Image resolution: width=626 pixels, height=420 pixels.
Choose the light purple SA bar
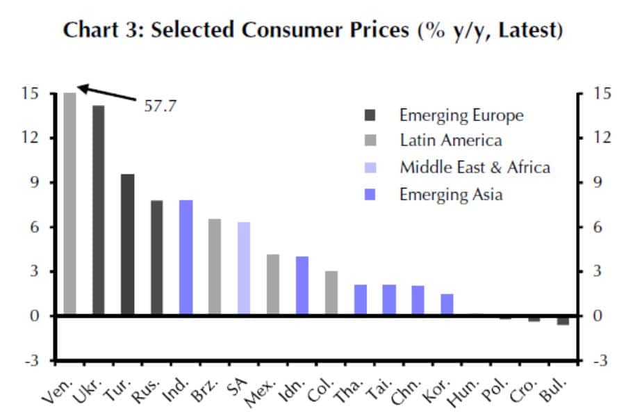[244, 269]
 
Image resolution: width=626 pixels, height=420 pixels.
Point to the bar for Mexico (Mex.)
[273, 285]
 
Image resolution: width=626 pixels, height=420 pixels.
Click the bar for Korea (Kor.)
[447, 305]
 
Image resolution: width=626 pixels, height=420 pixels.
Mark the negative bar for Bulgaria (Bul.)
[563, 321]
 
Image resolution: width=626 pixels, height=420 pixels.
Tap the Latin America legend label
[450, 140]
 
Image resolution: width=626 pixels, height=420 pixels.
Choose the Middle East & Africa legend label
[475, 167]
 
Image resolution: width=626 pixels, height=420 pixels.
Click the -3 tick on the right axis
[600, 361]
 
